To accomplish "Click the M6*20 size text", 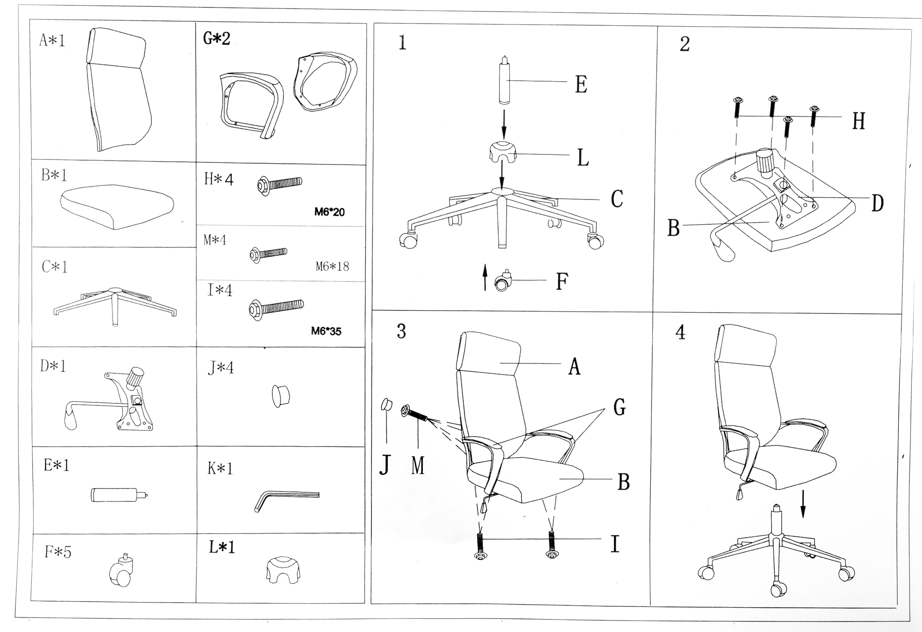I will pyautogui.click(x=330, y=212).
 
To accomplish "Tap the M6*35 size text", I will pyautogui.click(x=326, y=331).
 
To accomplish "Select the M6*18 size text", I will pyautogui.click(x=332, y=266).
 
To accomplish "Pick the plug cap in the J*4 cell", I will pyautogui.click(x=280, y=396).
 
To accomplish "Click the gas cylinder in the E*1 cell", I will pyautogui.click(x=119, y=495).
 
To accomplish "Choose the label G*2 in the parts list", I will pyautogui.click(x=216, y=38).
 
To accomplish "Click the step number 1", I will pyautogui.click(x=402, y=43).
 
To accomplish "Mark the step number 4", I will pyautogui.click(x=680, y=332).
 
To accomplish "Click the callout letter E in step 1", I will pyautogui.click(x=581, y=85).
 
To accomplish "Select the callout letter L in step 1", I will pyautogui.click(x=583, y=158).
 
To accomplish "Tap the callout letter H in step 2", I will pyautogui.click(x=858, y=121).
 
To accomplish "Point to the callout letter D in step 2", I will pyautogui.click(x=877, y=203).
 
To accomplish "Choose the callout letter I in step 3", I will pyautogui.click(x=615, y=544).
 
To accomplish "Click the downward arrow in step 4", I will pyautogui.click(x=803, y=504).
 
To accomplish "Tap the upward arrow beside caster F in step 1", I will pyautogui.click(x=485, y=277).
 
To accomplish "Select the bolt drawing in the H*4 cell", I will pyautogui.click(x=279, y=185).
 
